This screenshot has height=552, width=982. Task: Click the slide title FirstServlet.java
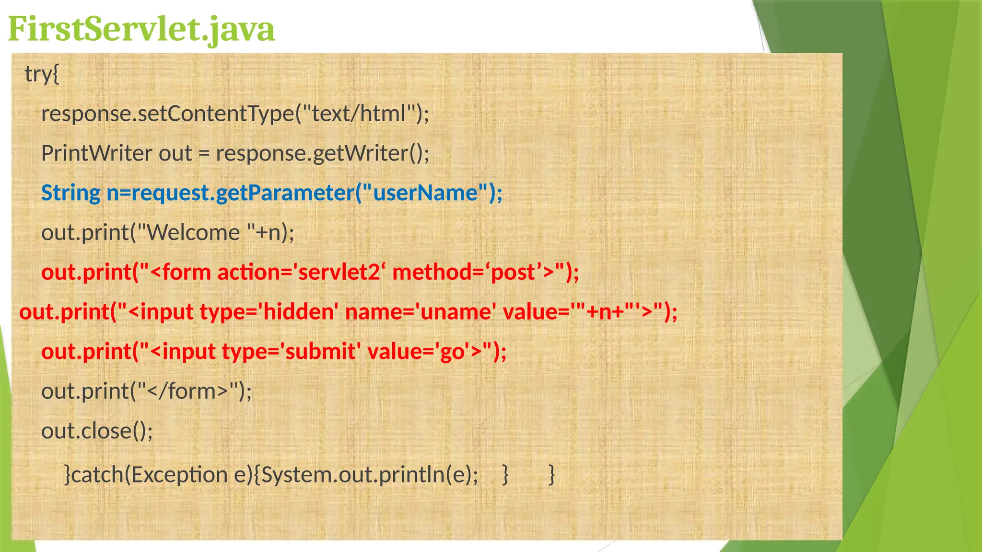[x=141, y=29]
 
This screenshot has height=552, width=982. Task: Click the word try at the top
[x=38, y=74]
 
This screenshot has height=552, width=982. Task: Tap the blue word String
[x=70, y=193]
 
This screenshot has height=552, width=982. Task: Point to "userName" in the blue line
[x=425, y=193]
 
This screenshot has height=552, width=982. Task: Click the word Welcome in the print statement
[x=193, y=233]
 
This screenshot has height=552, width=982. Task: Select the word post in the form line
[x=513, y=272]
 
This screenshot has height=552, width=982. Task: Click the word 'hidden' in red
[x=298, y=312]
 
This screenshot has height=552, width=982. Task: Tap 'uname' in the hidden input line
[x=456, y=312]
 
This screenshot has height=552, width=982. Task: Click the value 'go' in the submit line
[x=452, y=352]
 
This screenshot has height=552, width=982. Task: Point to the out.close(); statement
[x=97, y=431]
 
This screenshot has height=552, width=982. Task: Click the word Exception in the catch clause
[x=180, y=475]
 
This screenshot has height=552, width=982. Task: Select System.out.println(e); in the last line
[x=369, y=475]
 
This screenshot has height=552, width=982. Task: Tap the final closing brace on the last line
[x=552, y=475]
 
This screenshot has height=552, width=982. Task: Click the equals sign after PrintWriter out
[x=204, y=154]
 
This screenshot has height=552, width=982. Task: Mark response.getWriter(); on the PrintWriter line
[x=322, y=153]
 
